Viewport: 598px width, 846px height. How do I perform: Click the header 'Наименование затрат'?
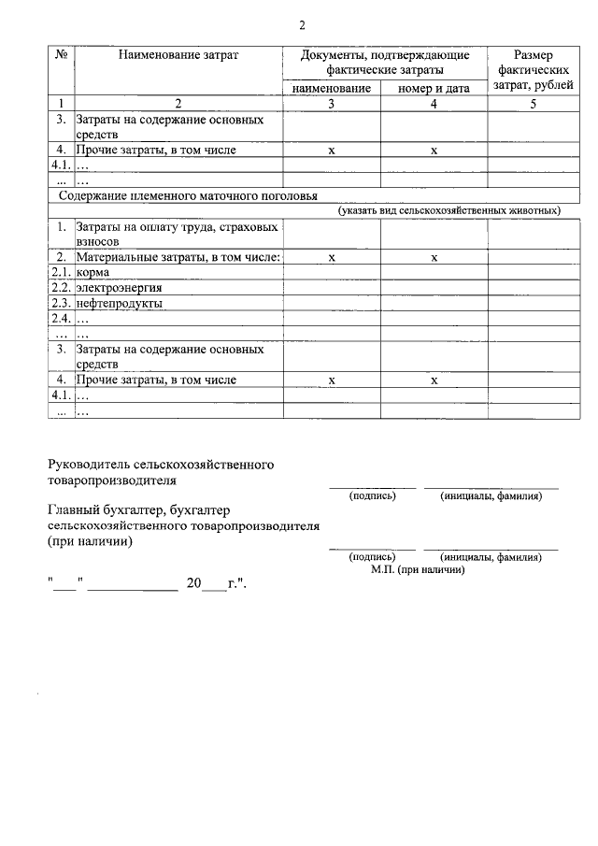178,55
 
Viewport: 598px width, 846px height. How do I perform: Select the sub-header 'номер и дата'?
434,88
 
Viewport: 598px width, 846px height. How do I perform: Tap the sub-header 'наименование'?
332,88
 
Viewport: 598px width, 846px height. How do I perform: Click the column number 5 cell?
533,103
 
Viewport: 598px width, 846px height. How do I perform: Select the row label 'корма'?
93,272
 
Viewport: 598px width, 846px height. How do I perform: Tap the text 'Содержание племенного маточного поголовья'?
188,196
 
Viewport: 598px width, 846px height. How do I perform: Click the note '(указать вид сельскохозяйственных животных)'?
449,211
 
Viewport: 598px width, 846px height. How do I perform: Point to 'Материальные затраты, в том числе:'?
178,256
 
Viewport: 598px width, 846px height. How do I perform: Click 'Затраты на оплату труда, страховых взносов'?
177,233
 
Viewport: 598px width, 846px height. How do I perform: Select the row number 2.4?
62,319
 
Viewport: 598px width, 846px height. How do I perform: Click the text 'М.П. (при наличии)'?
418,568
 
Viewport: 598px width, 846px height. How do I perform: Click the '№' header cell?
61,55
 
